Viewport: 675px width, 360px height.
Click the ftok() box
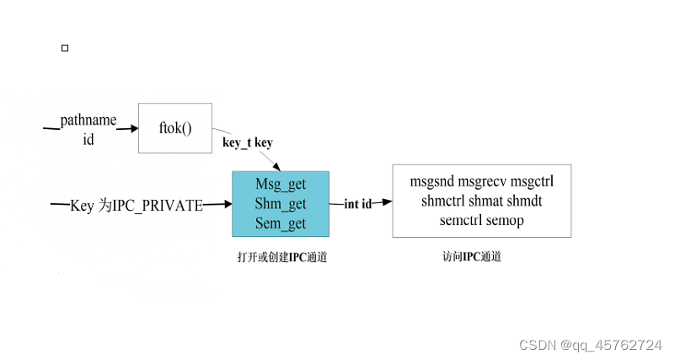coord(175,128)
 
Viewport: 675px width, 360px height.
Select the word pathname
coord(88,121)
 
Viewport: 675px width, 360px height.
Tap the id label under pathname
coord(88,140)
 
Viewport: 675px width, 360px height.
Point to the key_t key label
coord(247,142)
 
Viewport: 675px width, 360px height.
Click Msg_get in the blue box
coord(280,184)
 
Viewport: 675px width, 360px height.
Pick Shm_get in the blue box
coord(280,203)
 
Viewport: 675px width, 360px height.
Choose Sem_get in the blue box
coord(280,223)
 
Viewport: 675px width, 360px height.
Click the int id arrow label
coord(358,204)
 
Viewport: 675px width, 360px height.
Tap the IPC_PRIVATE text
coord(158,205)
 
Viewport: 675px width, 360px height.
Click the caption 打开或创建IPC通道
coord(281,258)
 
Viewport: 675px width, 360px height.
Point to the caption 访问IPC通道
coord(472,256)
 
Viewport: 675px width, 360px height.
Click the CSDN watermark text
coord(591,345)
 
